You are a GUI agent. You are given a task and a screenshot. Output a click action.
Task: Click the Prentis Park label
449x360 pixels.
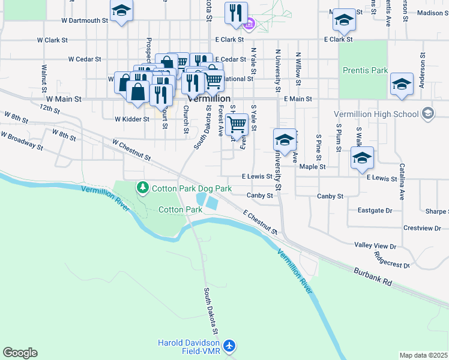pos(365,70)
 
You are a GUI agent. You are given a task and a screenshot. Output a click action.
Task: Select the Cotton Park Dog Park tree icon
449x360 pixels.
pos(143,188)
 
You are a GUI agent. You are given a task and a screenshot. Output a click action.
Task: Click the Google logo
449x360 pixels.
pos(20,353)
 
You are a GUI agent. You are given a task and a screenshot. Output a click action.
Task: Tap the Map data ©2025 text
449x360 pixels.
pos(423,355)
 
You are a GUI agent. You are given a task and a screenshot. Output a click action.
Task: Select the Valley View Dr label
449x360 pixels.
pos(375,246)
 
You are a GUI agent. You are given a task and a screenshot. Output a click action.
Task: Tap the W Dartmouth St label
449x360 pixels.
pos(85,20)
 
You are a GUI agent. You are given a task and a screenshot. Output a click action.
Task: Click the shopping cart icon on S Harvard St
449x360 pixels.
pos(237,124)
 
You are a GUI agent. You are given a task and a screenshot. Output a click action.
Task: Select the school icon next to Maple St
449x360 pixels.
pos(361,158)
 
